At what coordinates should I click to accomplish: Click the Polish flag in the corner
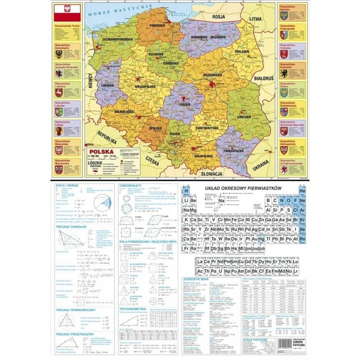point(63,12)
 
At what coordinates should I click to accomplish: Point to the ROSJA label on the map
point(218,16)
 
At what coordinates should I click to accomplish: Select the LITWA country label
point(258,19)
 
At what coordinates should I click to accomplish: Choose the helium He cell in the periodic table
point(302,192)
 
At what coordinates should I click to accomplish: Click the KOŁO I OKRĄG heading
point(66,185)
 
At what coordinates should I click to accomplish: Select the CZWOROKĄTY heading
point(130,185)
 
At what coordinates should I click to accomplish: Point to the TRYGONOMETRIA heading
point(133,310)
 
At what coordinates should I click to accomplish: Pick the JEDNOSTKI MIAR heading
point(196,279)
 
